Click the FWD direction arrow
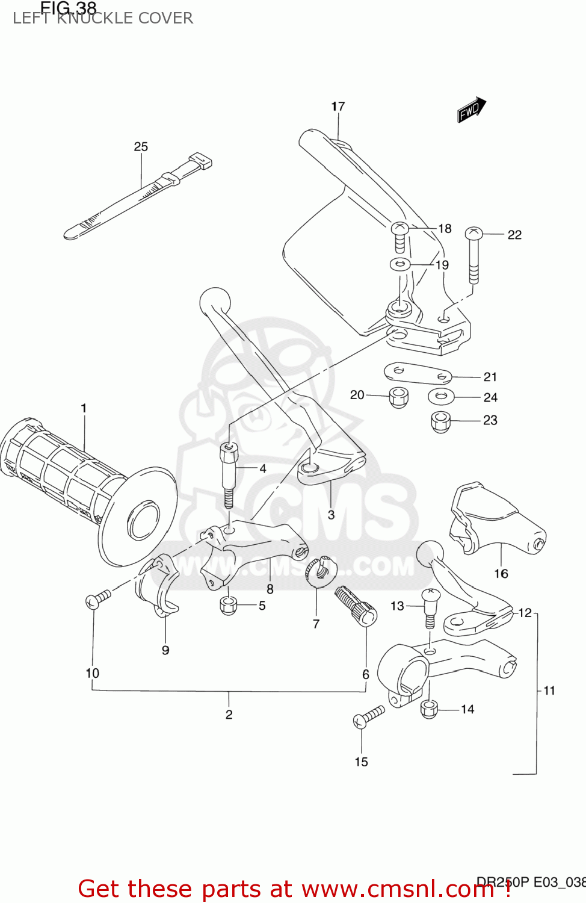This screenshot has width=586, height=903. (471, 110)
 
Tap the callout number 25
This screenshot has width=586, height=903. (141, 147)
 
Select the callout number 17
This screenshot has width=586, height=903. (338, 107)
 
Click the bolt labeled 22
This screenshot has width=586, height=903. (474, 255)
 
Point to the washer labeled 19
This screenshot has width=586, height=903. (400, 264)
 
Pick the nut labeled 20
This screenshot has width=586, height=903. (398, 397)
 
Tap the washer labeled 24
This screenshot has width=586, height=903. (442, 397)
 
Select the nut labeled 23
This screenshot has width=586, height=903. (441, 421)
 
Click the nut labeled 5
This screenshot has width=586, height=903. (229, 605)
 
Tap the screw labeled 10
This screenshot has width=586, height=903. (98, 599)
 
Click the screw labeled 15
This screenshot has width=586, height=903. (368, 716)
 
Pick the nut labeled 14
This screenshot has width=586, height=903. (429, 709)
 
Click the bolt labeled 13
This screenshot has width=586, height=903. (430, 607)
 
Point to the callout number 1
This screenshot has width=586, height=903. (84, 408)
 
